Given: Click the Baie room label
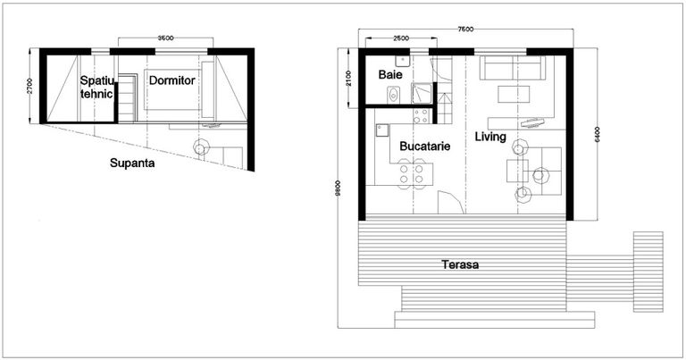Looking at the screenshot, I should tap(389, 74).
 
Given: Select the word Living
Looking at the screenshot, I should tap(490, 137).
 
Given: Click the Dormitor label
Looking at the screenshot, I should tap(171, 80).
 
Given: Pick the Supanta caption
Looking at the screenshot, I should tap(130, 163).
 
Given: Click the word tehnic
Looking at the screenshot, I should tap(96, 93).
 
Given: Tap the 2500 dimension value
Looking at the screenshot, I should tap(401, 39).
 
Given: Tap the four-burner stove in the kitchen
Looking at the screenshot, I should tap(420, 115).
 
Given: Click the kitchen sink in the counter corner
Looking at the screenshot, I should tap(381, 129).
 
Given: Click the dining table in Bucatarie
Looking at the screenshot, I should tap(413, 172).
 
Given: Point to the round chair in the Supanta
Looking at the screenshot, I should tap(202, 147).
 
